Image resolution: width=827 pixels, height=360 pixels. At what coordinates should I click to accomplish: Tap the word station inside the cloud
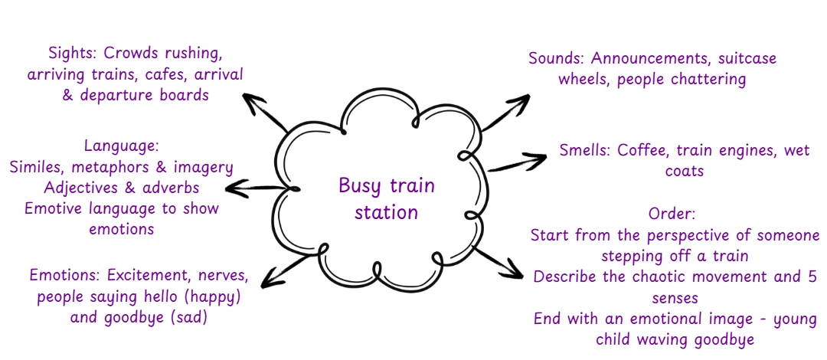coord(386,212)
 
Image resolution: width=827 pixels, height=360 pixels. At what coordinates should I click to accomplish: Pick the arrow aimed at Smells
coord(517,162)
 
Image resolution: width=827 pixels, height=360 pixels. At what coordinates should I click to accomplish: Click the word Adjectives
coord(81,188)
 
